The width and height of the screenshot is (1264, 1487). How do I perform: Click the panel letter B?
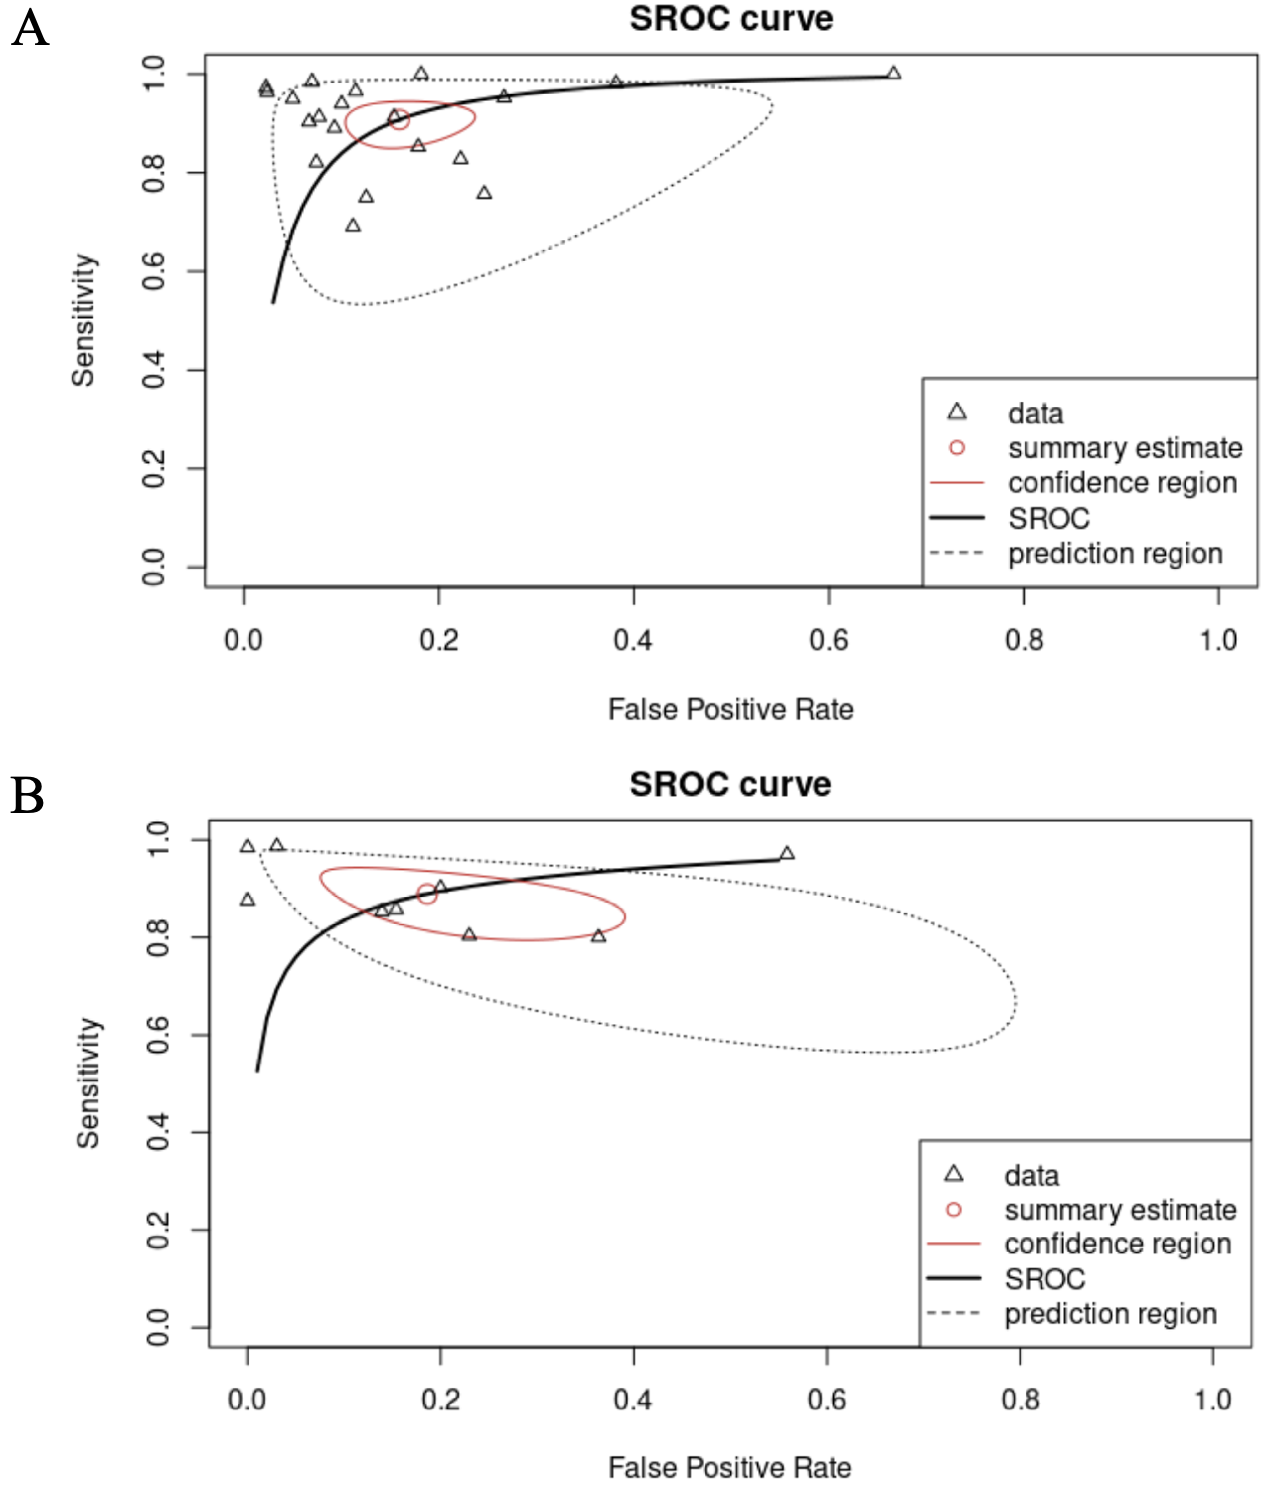tap(27, 796)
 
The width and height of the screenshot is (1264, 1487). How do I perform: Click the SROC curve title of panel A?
tap(731, 19)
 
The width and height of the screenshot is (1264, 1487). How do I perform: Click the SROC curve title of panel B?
tap(730, 785)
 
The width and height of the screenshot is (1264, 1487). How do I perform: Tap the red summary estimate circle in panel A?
tap(400, 120)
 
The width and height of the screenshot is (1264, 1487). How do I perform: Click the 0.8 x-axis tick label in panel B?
tap(1020, 1400)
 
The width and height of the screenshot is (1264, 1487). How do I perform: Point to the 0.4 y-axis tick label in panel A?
tap(154, 370)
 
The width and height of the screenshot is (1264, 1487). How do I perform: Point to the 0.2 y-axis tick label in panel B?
tap(158, 1230)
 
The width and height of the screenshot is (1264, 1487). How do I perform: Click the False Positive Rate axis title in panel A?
tap(730, 709)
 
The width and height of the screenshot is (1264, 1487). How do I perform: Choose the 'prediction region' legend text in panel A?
tap(1115, 553)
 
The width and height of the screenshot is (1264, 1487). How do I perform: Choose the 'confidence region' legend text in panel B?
tap(1117, 1244)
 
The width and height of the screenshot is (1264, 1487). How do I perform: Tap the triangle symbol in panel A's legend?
tap(957, 412)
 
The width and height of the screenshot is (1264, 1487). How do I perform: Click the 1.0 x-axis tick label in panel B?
tap(1212, 1400)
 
